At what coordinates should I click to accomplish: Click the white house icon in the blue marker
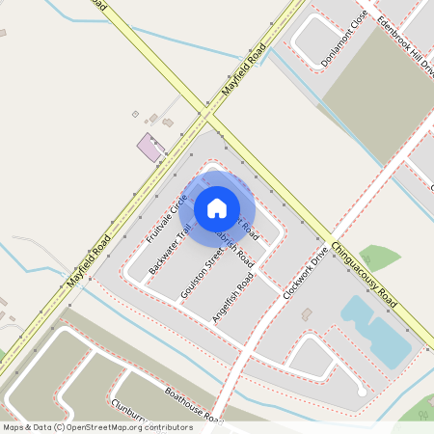click(217, 207)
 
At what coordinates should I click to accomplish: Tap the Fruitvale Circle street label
click(166, 221)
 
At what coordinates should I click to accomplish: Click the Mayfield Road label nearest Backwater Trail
click(90, 260)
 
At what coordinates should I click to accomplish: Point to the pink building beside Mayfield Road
click(150, 148)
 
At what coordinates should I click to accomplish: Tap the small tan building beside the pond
click(307, 313)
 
